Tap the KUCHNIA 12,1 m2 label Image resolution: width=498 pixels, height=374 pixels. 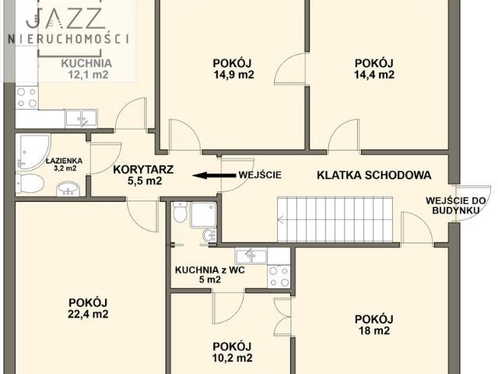pyautogui.click(x=86, y=69)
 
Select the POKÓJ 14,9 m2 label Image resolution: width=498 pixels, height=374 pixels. pyautogui.click(x=233, y=69)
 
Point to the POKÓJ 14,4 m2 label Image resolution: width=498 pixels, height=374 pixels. pyautogui.click(x=374, y=69)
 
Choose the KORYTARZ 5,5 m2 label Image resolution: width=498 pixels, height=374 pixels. pyautogui.click(x=142, y=175)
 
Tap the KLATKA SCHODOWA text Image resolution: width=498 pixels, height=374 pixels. pyautogui.click(x=373, y=175)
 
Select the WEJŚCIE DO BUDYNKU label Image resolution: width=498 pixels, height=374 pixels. pyautogui.click(x=457, y=206)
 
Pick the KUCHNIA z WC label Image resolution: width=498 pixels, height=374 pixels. pyautogui.click(x=209, y=275)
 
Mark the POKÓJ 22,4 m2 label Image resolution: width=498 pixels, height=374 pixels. pyautogui.click(x=87, y=309)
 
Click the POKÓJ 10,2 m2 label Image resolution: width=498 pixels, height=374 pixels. pyautogui.click(x=232, y=352)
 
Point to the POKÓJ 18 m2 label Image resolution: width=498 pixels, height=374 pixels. pyautogui.click(x=373, y=324)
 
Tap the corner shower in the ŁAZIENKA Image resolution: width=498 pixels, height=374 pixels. pyautogui.click(x=31, y=150)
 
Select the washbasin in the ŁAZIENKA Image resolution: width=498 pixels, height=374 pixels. pyautogui.click(x=68, y=187)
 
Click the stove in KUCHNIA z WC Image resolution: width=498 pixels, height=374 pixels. pyautogui.click(x=278, y=275)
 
